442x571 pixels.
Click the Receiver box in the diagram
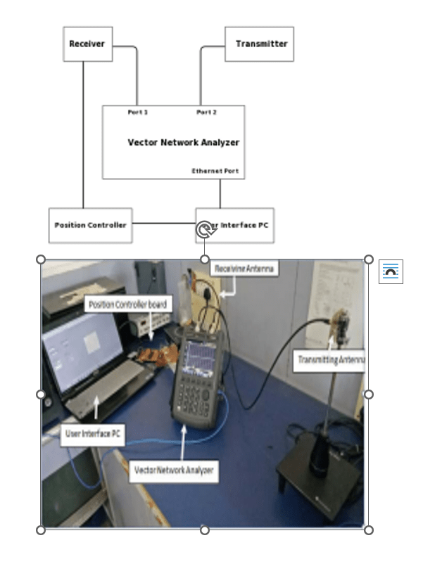(x=87, y=44)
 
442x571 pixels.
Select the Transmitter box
(x=259, y=44)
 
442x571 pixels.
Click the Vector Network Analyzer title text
(x=183, y=142)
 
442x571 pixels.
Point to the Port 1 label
(x=138, y=112)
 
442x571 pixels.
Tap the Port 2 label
(x=206, y=112)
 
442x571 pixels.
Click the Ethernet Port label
(x=215, y=171)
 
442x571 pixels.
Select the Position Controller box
(x=90, y=225)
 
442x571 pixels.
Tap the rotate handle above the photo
(x=204, y=230)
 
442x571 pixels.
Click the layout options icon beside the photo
(x=391, y=271)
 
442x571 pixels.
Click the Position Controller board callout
(x=129, y=304)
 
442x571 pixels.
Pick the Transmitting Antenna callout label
(x=329, y=360)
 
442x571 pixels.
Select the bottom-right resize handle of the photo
(x=368, y=530)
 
